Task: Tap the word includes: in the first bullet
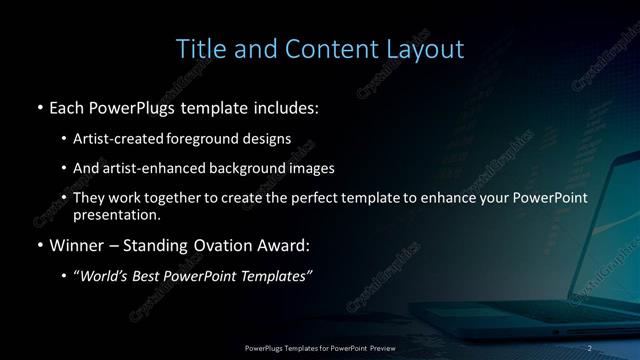click(x=284, y=105)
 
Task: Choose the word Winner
click(x=77, y=244)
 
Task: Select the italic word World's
click(x=107, y=275)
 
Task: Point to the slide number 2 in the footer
click(x=590, y=347)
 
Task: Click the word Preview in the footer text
click(x=382, y=347)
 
